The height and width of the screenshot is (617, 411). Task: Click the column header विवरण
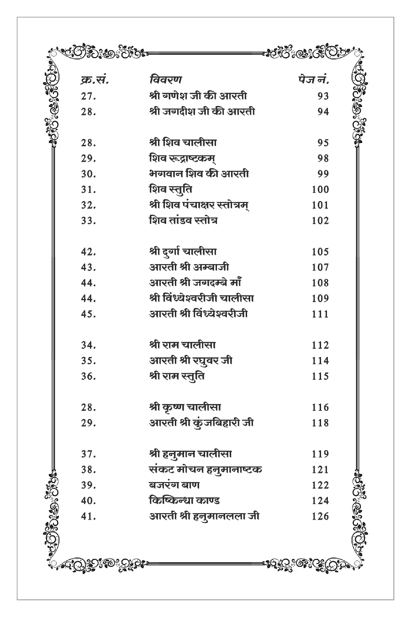[165, 80]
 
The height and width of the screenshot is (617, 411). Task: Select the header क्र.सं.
[94, 80]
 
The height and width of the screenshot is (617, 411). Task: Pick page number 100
[320, 190]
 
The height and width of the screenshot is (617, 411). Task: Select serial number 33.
[88, 221]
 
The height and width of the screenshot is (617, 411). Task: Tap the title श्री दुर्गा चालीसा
[183, 251]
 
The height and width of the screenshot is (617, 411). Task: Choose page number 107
[320, 267]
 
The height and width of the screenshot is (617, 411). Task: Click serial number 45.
[88, 314]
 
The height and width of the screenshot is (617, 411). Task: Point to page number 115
[320, 377]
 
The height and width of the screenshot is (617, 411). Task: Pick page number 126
[320, 516]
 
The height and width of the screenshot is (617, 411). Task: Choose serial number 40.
[88, 501]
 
